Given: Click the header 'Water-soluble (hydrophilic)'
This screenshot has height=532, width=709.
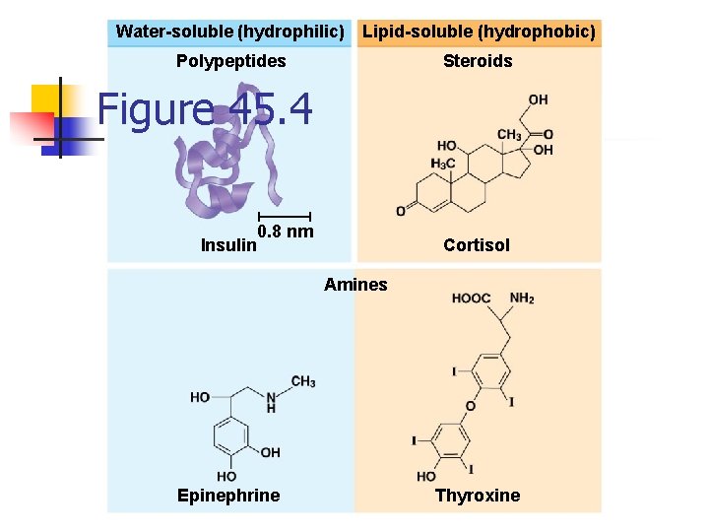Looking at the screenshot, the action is (x=229, y=32).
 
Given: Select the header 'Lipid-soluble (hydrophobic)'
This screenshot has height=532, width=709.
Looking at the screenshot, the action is (x=479, y=32).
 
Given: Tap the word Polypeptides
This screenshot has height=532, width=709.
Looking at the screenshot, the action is (x=231, y=61).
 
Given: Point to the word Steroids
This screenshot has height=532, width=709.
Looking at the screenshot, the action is (x=478, y=61).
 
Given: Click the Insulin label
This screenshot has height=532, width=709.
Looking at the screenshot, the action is (x=227, y=245).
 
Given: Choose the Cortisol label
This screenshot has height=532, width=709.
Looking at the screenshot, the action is (x=477, y=245).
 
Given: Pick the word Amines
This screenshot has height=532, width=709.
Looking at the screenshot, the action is (x=355, y=285).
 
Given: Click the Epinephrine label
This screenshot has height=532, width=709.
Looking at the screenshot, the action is (x=228, y=496).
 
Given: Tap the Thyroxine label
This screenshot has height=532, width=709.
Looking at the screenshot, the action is (x=478, y=496).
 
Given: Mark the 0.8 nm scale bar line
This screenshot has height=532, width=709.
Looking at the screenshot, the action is (x=284, y=216).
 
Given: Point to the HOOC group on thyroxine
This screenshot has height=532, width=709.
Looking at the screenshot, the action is (x=471, y=298).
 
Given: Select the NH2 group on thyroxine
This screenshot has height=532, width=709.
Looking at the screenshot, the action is (x=522, y=298).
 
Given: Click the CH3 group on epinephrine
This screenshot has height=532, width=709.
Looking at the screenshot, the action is (x=302, y=381).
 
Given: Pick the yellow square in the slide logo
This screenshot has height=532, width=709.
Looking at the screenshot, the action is (x=46, y=99).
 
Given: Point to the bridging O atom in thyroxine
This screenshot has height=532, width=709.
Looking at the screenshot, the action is (x=470, y=406).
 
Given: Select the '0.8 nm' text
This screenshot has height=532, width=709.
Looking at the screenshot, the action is (x=286, y=233).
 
